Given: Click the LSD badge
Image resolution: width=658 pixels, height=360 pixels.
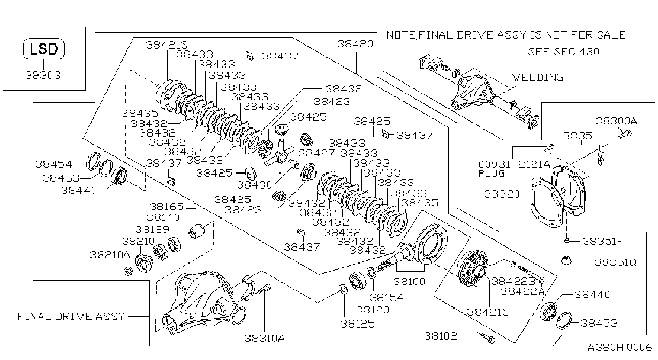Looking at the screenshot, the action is pos(44,49).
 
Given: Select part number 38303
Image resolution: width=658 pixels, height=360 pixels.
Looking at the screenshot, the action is pos(43,75).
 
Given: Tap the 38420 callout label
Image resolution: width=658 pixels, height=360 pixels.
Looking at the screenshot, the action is pos(355,44).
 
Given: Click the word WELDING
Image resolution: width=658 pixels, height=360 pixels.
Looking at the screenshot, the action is pos(538,78).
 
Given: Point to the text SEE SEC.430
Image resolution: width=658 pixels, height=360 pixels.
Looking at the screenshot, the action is pos(563,52).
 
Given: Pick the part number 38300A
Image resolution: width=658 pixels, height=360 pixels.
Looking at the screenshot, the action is pos(616,121).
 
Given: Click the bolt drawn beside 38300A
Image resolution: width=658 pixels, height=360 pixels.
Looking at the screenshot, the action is pos(624,135).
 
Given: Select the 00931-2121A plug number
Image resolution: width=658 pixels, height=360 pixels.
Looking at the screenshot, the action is pos(515,164).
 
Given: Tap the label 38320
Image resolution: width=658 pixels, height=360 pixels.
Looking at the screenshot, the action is pos(502,194).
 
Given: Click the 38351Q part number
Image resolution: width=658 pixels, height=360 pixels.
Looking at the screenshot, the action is pos(616,262).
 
